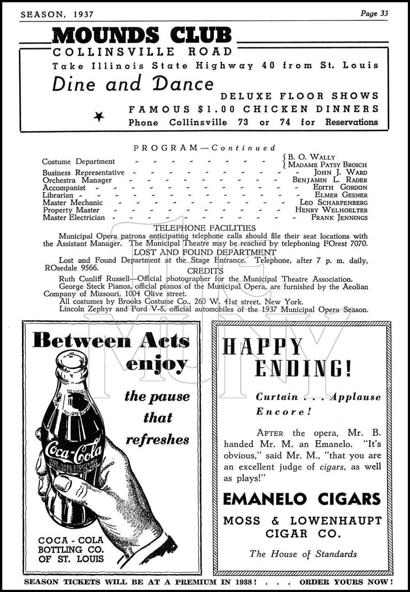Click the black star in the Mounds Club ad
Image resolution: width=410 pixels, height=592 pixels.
click(x=99, y=117)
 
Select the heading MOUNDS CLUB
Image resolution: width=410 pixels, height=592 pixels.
click(x=142, y=36)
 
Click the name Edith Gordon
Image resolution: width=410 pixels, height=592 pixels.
click(x=340, y=187)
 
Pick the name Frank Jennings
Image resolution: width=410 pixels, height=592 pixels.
click(x=339, y=217)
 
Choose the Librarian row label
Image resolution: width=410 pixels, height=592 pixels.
click(x=58, y=195)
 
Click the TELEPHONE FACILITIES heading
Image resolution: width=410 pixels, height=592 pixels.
click(x=204, y=228)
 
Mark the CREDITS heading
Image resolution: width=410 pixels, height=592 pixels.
click(x=205, y=271)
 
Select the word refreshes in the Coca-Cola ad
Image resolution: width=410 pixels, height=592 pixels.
click(x=157, y=440)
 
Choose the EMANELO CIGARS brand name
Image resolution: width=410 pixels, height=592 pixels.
click(x=302, y=499)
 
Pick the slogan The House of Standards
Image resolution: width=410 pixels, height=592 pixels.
click(x=303, y=554)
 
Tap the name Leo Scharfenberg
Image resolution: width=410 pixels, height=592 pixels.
click(x=333, y=202)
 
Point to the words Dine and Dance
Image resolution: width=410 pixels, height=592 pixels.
click(x=133, y=84)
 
